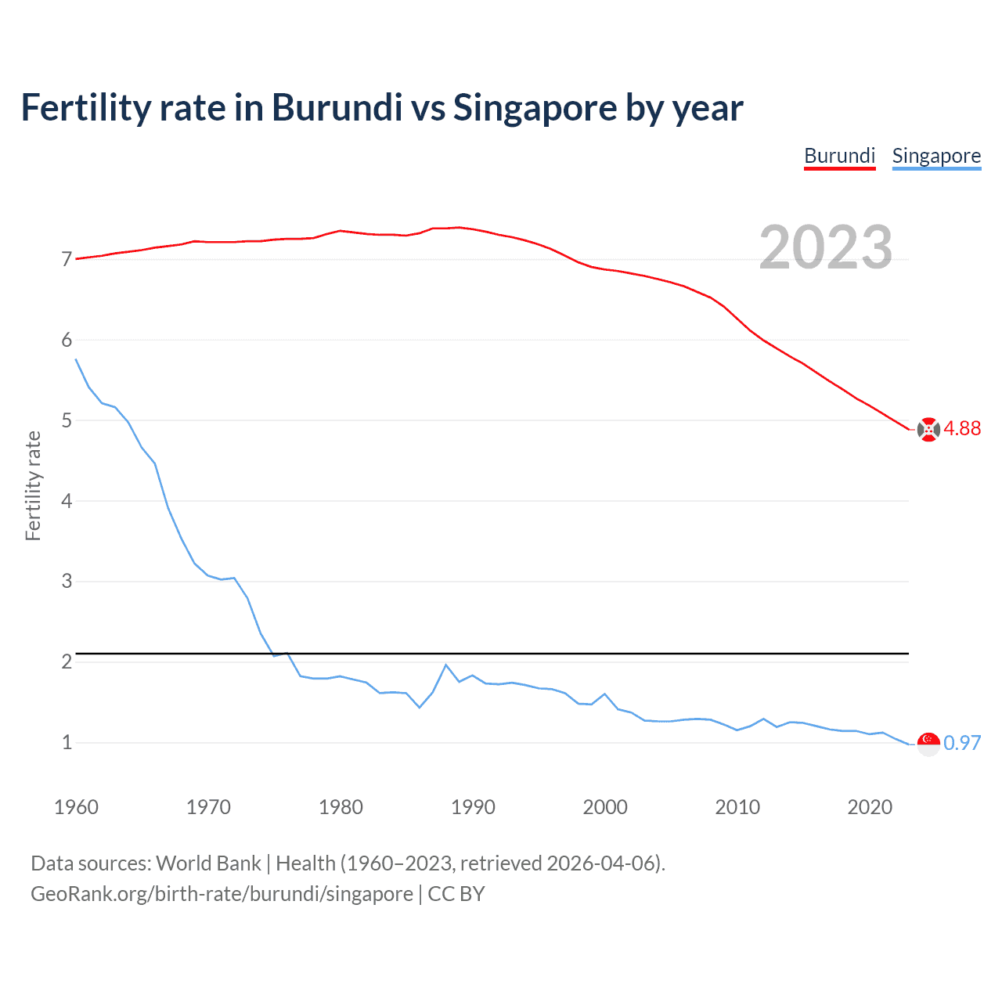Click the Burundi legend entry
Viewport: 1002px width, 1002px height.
(x=839, y=156)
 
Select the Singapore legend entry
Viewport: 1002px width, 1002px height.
(x=936, y=156)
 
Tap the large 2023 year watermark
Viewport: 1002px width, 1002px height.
(x=825, y=247)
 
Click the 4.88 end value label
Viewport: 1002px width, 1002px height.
(x=962, y=428)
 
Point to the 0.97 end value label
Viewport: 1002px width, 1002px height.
(x=962, y=743)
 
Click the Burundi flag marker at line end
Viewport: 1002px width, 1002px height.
(x=928, y=430)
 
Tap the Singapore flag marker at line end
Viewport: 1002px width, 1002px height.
(x=928, y=744)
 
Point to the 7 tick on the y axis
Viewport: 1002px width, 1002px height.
(x=67, y=259)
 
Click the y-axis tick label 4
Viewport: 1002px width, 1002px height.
(x=67, y=501)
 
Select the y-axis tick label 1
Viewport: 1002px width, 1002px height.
(x=67, y=742)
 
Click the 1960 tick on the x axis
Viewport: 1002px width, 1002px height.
(x=76, y=807)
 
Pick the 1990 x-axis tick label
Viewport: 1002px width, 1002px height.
(x=473, y=807)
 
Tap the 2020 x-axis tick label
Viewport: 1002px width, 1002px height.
(x=870, y=807)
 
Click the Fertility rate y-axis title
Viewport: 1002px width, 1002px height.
(x=33, y=485)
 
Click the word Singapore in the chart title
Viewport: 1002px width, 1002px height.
(x=535, y=108)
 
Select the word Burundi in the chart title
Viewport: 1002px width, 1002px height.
(x=337, y=108)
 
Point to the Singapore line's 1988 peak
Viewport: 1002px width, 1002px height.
(x=446, y=665)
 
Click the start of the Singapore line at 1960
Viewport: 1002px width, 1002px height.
(x=76, y=359)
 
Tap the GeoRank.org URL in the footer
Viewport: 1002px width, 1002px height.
(x=222, y=894)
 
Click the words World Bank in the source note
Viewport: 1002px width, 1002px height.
(x=208, y=863)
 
